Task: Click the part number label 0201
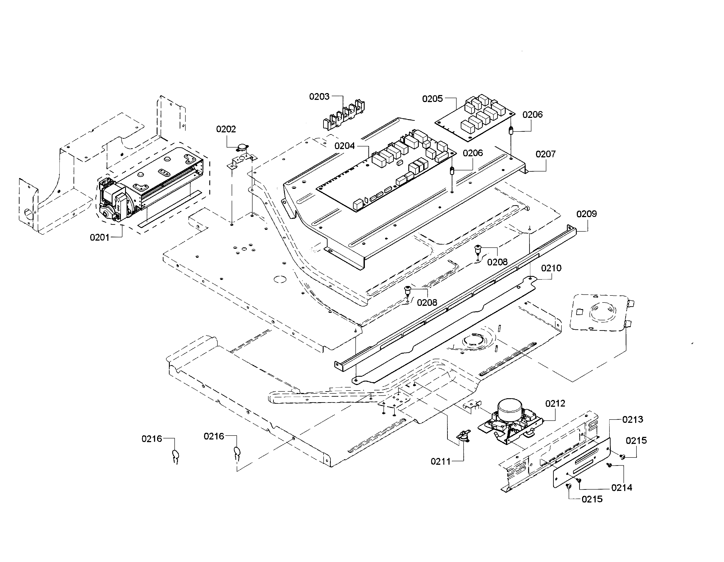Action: [99, 237]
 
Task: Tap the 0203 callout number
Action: [319, 97]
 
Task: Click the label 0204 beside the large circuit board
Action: [344, 146]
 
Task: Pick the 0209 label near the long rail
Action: [586, 214]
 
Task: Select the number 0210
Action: [551, 268]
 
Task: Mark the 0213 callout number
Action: [633, 420]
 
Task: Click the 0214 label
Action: [622, 488]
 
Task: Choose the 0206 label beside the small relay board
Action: [532, 115]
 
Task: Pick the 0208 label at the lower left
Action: [427, 303]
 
